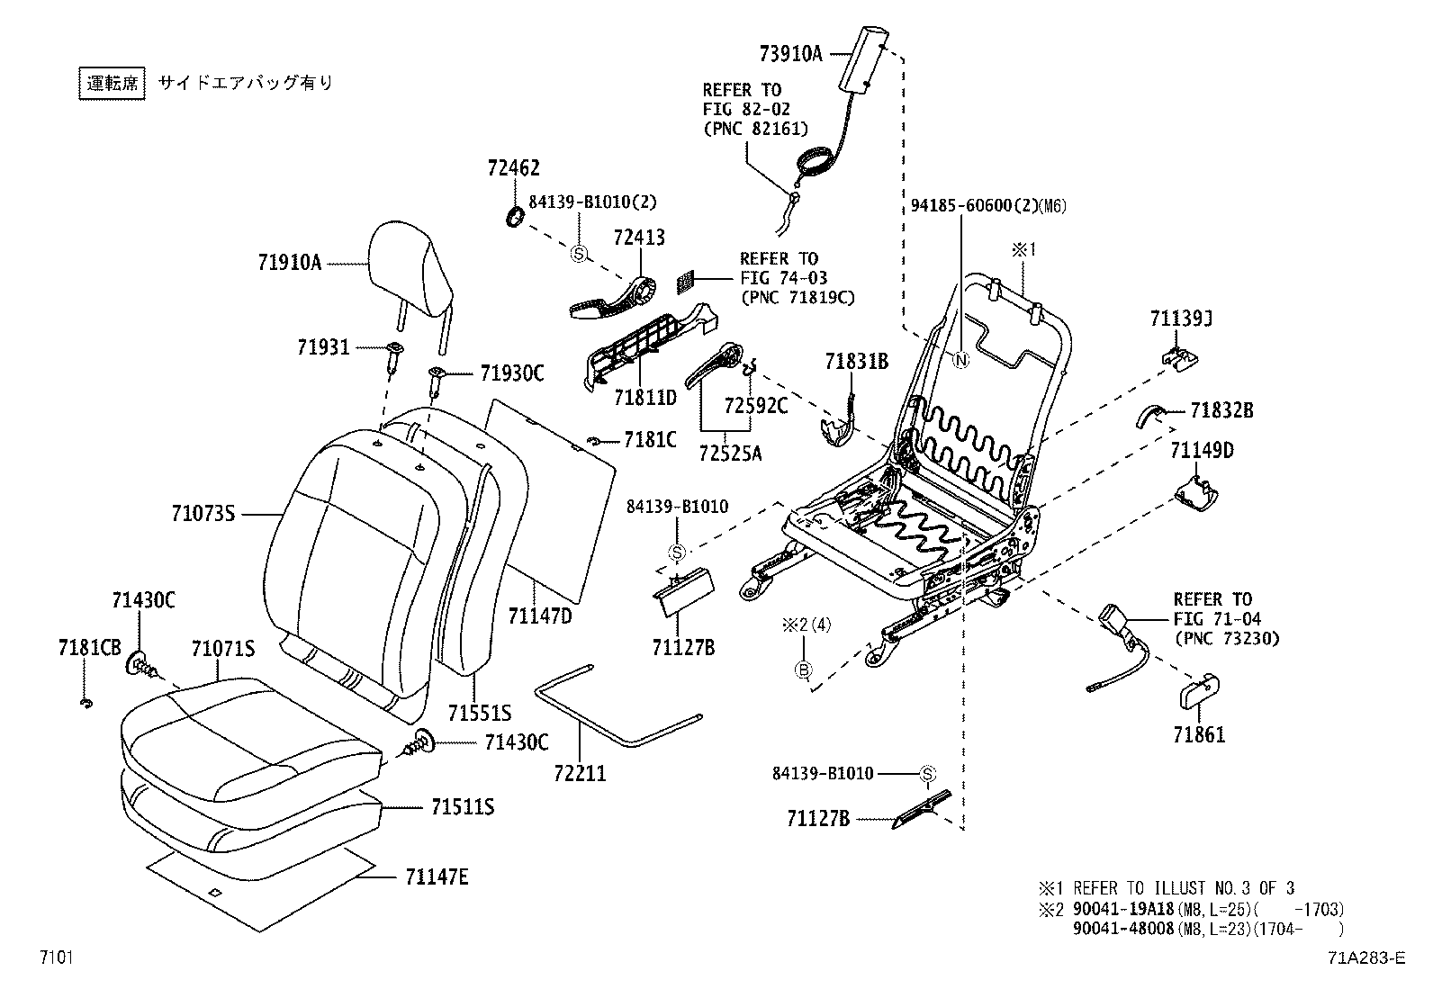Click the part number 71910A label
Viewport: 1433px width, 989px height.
[x=290, y=264]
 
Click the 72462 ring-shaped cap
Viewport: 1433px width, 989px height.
[x=516, y=217]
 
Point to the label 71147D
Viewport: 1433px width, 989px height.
[x=539, y=616]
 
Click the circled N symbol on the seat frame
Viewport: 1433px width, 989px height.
[x=960, y=361]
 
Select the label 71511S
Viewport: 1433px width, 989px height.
[x=462, y=806]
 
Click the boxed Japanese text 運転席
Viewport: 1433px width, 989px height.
[x=112, y=83]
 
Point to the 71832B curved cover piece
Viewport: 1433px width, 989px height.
[x=1151, y=415]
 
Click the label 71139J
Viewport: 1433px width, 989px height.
[x=1181, y=319]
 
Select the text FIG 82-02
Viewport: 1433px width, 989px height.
[x=746, y=109]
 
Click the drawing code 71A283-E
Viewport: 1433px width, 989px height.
[x=1365, y=958]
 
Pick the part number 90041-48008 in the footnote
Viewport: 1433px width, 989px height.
[x=1123, y=928]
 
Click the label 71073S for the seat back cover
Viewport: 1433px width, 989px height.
[x=203, y=514]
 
